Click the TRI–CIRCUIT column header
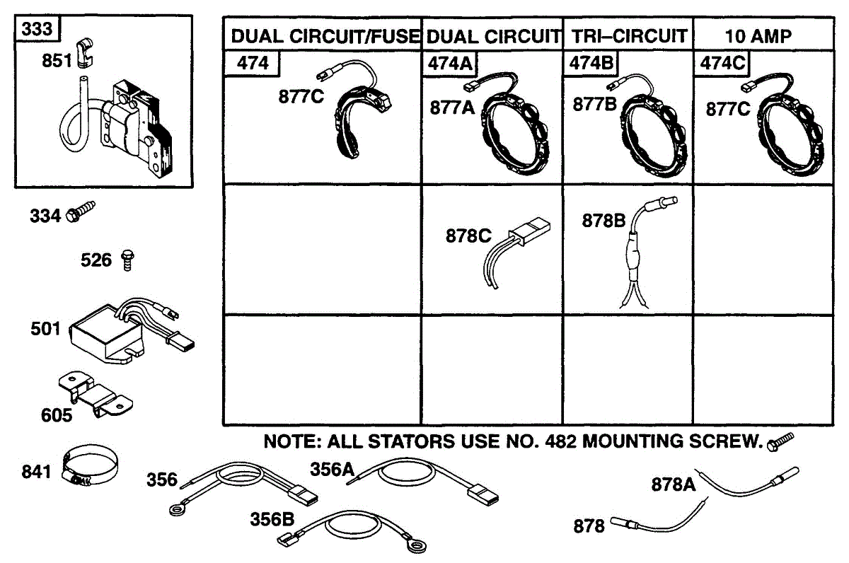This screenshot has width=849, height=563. [x=629, y=36]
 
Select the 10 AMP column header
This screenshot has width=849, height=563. [x=758, y=37]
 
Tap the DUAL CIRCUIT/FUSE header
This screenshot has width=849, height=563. [x=325, y=36]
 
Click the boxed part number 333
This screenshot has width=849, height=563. [x=37, y=29]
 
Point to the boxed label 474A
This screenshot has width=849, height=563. [x=450, y=63]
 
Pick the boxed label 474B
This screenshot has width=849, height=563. [x=591, y=63]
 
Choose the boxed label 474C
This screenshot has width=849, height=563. [x=722, y=63]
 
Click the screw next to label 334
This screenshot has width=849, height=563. [x=81, y=211]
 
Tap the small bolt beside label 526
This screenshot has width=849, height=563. [x=128, y=260]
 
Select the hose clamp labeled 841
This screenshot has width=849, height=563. [x=90, y=465]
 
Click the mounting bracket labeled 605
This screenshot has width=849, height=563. [x=96, y=395]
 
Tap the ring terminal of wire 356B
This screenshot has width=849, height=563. [x=417, y=546]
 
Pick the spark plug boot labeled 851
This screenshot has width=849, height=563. [x=85, y=53]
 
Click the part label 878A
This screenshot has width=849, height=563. [x=674, y=484]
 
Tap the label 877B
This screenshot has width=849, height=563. [x=595, y=104]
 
